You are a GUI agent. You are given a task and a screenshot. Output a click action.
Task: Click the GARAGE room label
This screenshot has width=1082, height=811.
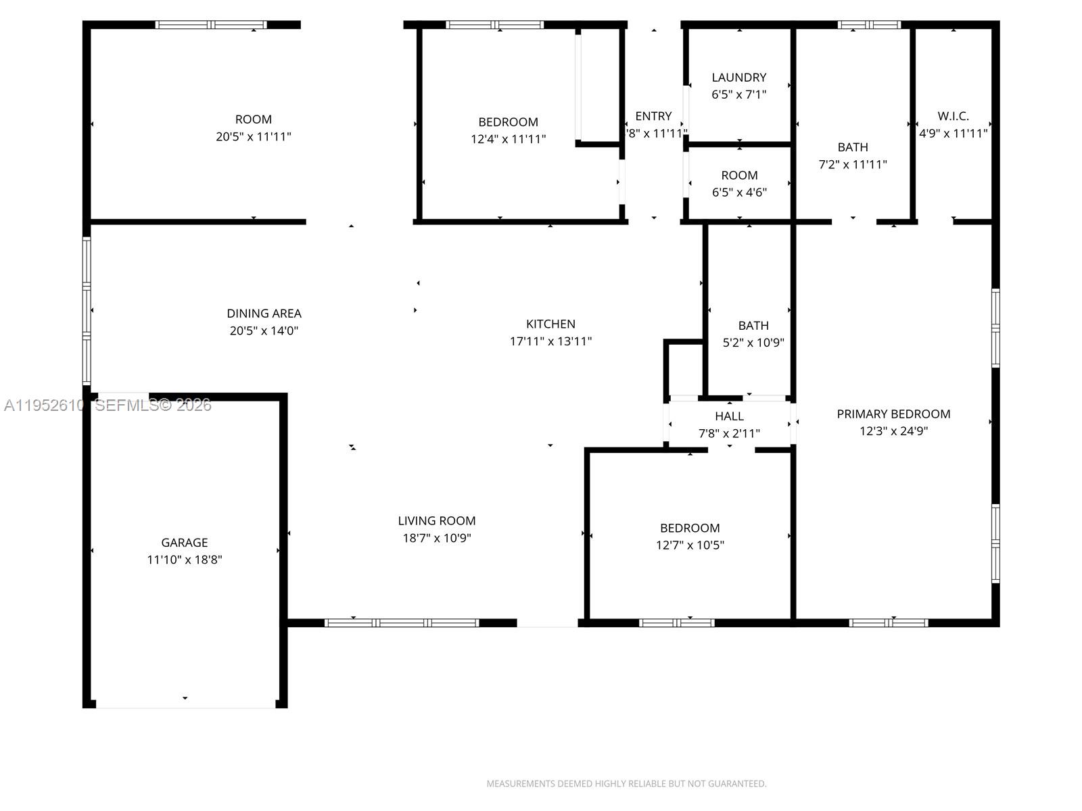(x=184, y=542)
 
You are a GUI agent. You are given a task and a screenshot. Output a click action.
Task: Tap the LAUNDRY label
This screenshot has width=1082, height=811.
(x=738, y=77)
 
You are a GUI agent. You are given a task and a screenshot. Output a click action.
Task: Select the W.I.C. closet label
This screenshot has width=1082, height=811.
(x=953, y=116)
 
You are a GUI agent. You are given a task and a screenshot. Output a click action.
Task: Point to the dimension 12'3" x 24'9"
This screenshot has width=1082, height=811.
(x=893, y=431)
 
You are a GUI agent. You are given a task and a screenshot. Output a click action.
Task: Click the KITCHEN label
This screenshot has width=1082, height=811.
(x=550, y=324)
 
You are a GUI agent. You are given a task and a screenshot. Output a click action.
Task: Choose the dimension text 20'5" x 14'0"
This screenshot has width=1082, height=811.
(x=264, y=330)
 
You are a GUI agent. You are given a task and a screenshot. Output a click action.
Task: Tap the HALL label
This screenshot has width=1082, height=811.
(x=729, y=416)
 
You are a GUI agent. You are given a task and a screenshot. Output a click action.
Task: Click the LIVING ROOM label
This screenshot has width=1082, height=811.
(x=436, y=520)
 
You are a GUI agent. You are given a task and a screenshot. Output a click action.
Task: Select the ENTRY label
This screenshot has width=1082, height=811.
(x=653, y=116)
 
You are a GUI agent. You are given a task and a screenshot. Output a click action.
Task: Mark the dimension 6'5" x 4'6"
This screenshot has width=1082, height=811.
(x=739, y=193)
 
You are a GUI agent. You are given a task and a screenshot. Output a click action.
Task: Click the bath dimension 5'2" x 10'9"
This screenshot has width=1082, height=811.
(x=753, y=343)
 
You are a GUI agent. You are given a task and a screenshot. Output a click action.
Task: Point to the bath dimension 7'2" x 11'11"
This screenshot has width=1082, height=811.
(x=852, y=164)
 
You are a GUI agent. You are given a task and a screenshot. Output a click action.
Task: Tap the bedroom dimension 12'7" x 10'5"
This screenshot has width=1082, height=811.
(x=690, y=545)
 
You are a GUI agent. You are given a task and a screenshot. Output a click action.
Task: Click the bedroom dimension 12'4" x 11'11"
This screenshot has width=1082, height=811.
(x=508, y=139)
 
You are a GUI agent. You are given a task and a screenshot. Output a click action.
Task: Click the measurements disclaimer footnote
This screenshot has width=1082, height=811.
(x=626, y=784)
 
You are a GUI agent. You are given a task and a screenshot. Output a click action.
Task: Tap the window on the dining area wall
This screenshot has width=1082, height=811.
(x=87, y=311)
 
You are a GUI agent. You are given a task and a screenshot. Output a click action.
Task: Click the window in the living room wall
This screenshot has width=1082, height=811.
(x=402, y=622)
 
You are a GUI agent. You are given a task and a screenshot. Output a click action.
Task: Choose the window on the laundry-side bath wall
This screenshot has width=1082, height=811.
(x=869, y=25)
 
